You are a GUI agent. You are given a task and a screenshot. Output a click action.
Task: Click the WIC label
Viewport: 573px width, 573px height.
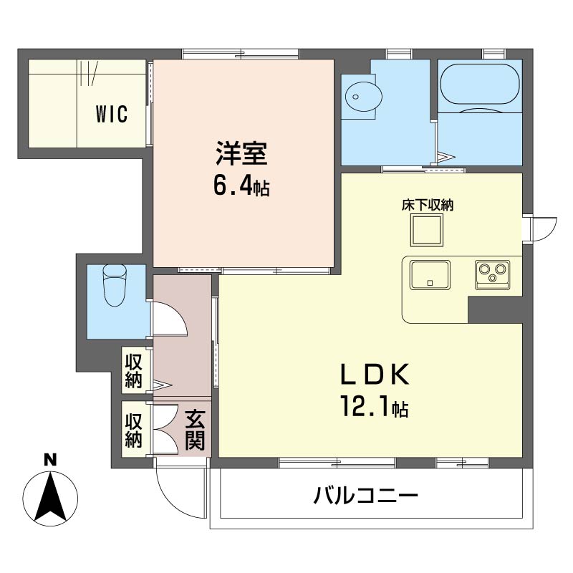[112, 114]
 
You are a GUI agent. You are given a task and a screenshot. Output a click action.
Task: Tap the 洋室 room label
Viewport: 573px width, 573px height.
[241, 153]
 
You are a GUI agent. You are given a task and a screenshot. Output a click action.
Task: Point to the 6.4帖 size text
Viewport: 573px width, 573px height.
[241, 187]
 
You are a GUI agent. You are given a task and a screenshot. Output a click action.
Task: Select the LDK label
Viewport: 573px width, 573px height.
[375, 375]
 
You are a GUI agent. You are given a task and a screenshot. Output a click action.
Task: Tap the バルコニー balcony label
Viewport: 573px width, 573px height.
[366, 496]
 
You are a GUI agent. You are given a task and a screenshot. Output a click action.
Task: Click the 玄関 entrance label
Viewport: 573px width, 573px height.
[194, 430]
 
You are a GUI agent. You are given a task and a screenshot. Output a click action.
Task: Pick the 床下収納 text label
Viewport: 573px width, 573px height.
[428, 205]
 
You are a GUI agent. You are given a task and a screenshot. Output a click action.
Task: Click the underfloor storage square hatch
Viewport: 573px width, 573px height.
[427, 230]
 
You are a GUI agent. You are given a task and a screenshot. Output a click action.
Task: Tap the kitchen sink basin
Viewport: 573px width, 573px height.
[430, 275]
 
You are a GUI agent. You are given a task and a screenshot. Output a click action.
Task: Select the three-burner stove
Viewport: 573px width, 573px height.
[492, 275]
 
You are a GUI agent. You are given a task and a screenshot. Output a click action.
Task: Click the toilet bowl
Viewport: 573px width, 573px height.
[115, 284]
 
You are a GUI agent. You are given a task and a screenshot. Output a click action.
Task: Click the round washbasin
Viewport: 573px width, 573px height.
[364, 97]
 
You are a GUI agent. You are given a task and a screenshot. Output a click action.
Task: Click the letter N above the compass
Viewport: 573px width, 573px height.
[50, 459]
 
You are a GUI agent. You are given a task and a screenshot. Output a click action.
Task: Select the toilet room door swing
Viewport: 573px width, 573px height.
[170, 318]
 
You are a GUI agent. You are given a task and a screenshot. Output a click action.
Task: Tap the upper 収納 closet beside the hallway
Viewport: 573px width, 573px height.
[133, 370]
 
